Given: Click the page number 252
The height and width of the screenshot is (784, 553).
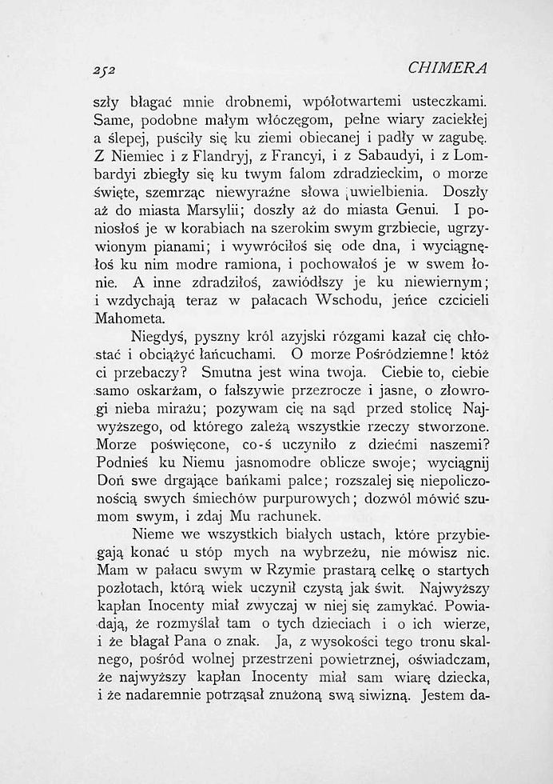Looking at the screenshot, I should pos(105,70).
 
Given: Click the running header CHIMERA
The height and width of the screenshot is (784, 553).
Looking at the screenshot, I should pos(448,67).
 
